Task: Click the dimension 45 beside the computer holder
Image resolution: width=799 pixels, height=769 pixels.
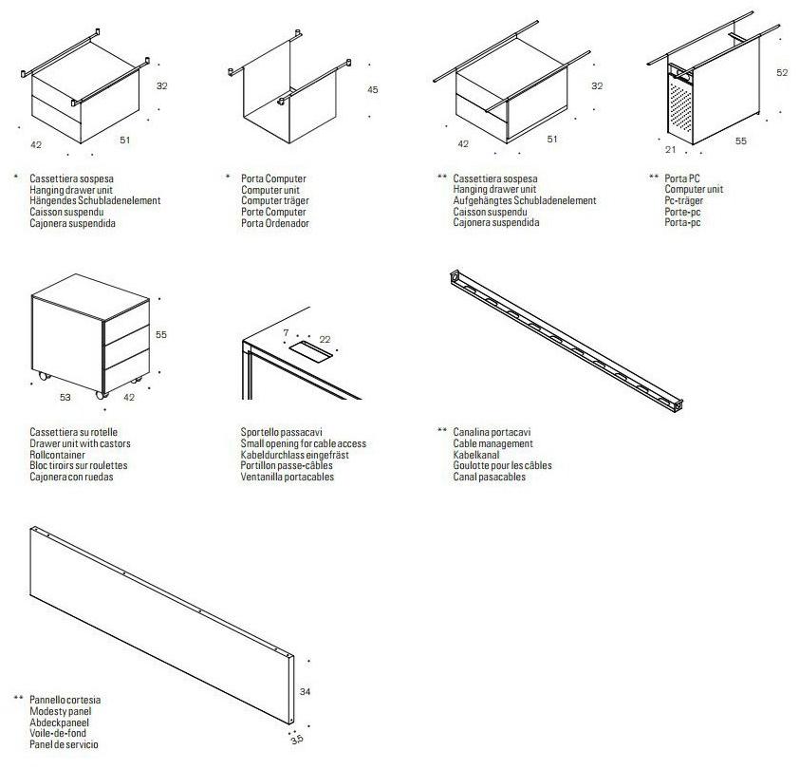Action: click(373, 90)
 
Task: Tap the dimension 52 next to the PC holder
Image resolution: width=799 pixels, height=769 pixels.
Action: click(782, 72)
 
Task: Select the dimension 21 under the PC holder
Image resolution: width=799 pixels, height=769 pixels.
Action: click(671, 150)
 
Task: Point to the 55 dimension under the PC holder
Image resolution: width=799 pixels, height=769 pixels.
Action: click(741, 141)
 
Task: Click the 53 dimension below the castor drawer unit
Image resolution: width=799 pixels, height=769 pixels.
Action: click(65, 398)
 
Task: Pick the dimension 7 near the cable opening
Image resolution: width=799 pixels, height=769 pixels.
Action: click(285, 332)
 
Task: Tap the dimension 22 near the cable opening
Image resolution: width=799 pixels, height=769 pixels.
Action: click(325, 339)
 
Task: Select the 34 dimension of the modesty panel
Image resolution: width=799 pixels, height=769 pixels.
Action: click(305, 692)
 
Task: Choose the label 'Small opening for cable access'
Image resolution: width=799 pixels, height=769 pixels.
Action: click(303, 443)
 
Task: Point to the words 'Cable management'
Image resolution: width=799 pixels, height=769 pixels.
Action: click(492, 443)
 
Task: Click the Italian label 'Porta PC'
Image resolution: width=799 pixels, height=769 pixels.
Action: click(682, 178)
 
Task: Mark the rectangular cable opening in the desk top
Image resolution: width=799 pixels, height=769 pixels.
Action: click(307, 353)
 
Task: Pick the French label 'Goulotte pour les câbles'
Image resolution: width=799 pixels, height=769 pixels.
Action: click(502, 466)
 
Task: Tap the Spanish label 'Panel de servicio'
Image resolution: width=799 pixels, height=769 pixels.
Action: click(64, 745)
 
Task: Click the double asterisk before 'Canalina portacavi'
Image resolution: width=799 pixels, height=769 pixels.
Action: click(441, 432)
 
